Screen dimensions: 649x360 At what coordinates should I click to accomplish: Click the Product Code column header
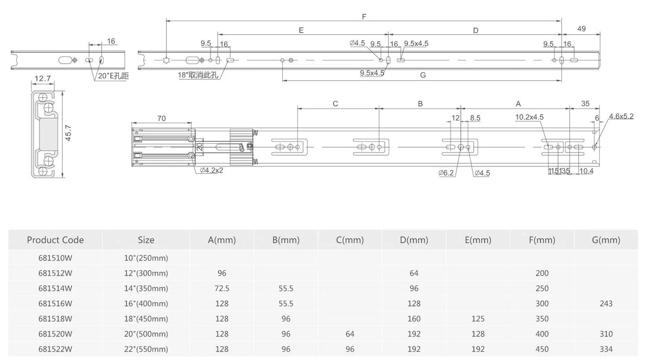[x=55, y=240]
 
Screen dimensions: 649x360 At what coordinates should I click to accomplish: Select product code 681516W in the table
[x=55, y=303]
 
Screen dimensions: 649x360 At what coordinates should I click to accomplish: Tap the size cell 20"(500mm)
[x=146, y=334]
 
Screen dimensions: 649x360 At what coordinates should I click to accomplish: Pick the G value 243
[x=606, y=303]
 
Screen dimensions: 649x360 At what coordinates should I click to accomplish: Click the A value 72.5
[x=222, y=288]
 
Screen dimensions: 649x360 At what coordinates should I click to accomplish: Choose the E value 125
[x=478, y=319]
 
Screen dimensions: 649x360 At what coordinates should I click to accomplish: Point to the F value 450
[x=542, y=349]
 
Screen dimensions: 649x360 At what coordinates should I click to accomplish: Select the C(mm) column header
[x=350, y=240]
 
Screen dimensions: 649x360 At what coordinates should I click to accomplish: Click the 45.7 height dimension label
[x=68, y=133]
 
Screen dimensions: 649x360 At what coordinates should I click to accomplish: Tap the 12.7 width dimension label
[x=43, y=78]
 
